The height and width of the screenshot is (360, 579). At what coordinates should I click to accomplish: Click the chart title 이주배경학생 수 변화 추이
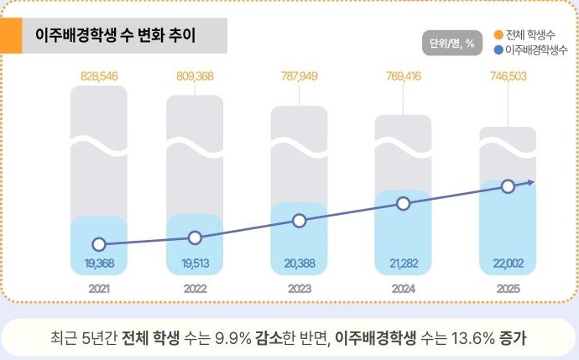click(116, 37)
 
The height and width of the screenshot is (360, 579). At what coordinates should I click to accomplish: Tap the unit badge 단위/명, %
click(453, 43)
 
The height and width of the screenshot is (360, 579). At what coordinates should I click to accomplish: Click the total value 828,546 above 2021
click(99, 76)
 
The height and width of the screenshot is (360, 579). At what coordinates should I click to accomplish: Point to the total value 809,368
click(195, 76)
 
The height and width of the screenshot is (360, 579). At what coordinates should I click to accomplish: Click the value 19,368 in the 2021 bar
click(99, 263)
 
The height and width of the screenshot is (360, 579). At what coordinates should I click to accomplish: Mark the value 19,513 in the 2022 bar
click(195, 263)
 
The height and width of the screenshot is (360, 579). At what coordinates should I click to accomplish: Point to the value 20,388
click(300, 263)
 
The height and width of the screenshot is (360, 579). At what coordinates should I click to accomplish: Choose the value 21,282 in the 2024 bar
click(403, 263)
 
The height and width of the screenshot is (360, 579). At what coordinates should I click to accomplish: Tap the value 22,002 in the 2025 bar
click(507, 263)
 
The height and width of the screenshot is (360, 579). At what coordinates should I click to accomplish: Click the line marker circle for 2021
click(99, 244)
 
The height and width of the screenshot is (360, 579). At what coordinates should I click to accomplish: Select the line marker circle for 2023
click(300, 221)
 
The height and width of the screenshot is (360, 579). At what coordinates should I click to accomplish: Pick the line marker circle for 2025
click(507, 186)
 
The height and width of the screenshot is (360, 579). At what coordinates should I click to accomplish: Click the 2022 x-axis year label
click(195, 289)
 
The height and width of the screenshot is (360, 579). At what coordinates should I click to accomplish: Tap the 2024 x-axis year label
click(403, 289)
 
